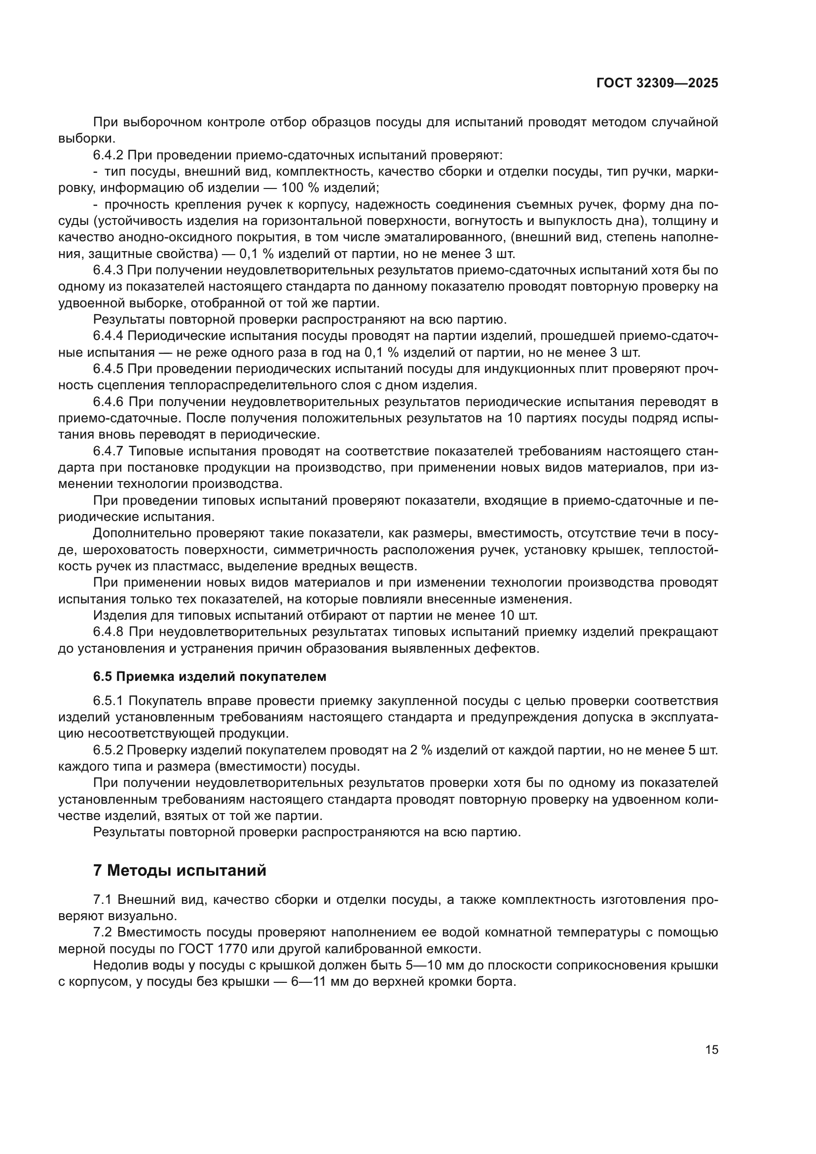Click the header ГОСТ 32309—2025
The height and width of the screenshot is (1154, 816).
(657, 83)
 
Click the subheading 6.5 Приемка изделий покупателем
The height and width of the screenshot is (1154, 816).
(210, 676)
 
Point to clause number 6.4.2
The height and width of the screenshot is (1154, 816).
(108, 155)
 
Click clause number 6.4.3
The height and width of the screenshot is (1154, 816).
(108, 270)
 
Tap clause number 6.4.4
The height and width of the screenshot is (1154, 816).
(108, 336)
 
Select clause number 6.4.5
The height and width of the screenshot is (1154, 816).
(108, 369)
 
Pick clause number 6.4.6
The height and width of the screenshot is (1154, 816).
(108, 402)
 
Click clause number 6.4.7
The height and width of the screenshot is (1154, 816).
(108, 451)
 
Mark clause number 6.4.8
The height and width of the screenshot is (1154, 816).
(108, 632)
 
